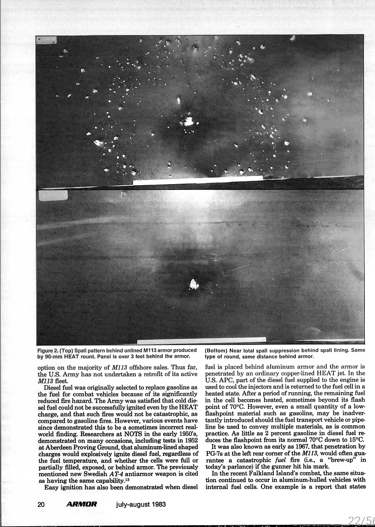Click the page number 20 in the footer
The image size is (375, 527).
click(x=41, y=505)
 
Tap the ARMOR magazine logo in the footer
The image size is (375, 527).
click(x=82, y=505)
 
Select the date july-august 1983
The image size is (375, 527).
click(x=141, y=505)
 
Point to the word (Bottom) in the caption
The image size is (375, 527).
click(x=216, y=350)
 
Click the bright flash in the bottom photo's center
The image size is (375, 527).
click(x=194, y=284)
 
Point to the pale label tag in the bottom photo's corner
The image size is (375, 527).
click(x=53, y=196)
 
